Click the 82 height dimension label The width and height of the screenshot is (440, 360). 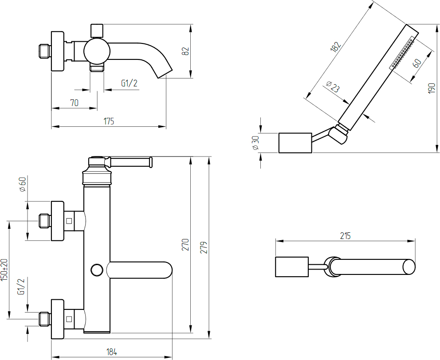[186, 51]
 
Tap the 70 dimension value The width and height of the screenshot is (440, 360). [74, 103]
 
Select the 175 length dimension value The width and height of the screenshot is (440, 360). [109, 121]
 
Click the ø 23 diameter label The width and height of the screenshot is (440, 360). [333, 86]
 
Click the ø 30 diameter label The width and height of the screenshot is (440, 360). [255, 143]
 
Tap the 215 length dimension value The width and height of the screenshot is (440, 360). [345, 236]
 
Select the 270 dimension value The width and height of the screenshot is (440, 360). [186, 245]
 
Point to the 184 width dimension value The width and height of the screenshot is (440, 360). [111, 352]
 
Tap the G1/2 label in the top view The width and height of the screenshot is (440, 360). [129, 83]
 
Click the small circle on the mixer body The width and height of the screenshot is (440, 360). [96, 270]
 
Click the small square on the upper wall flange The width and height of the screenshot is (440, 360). [69, 221]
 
